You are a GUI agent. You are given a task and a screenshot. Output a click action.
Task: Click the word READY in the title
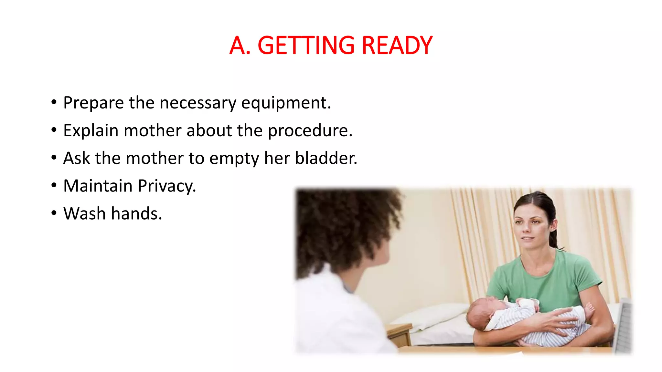coord(397,46)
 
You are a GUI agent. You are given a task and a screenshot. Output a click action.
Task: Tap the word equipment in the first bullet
coord(286,103)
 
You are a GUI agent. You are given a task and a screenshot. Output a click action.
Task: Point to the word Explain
coord(91,131)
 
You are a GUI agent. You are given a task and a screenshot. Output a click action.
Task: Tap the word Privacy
coord(167,186)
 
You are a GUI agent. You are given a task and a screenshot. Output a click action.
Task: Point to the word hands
coord(136,214)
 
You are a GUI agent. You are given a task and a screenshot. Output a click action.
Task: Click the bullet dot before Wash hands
coord(54,213)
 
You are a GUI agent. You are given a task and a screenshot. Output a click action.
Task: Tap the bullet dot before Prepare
coord(54,102)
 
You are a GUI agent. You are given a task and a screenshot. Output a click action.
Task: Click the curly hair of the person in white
coord(343,226)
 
